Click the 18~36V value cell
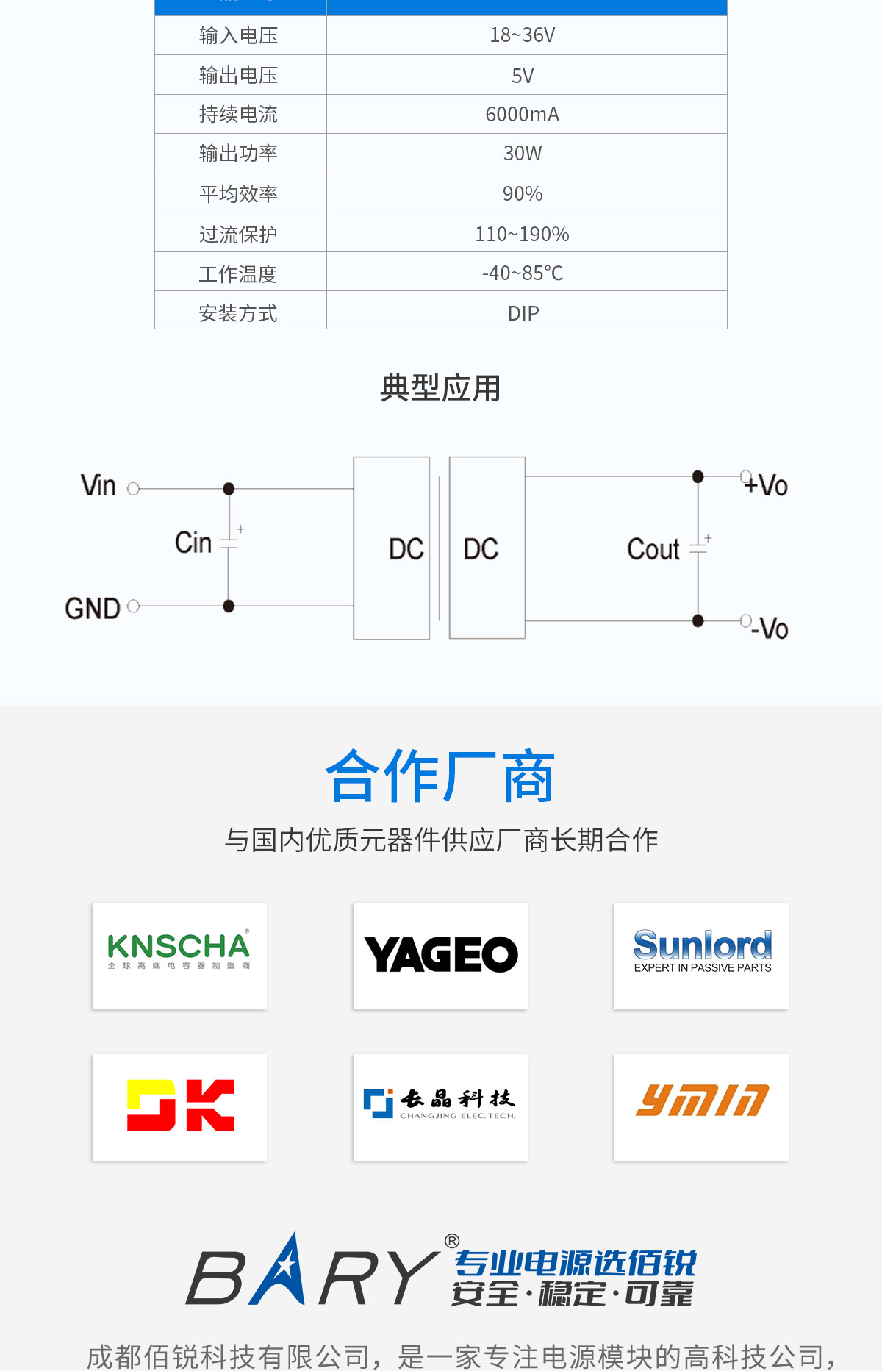pyautogui.click(x=523, y=35)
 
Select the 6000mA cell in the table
pyautogui.click(x=523, y=115)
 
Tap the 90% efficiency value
pyautogui.click(x=523, y=194)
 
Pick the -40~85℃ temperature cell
pyautogui.click(x=523, y=273)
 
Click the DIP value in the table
pyautogui.click(x=523, y=314)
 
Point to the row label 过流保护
pyautogui.click(x=238, y=235)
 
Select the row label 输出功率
pyautogui.click(x=238, y=154)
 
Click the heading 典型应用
pyautogui.click(x=440, y=388)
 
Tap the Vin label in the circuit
pyautogui.click(x=98, y=486)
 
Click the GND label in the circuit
pyautogui.click(x=93, y=609)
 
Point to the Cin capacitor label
pyautogui.click(x=193, y=543)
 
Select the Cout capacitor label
pyautogui.click(x=653, y=549)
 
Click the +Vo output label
pyautogui.click(x=766, y=485)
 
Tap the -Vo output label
pyautogui.click(x=770, y=629)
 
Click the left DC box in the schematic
pyautogui.click(x=392, y=548)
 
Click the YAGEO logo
pyautogui.click(x=440, y=955)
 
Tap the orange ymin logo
pyautogui.click(x=702, y=1101)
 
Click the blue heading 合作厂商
pyautogui.click(x=440, y=777)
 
